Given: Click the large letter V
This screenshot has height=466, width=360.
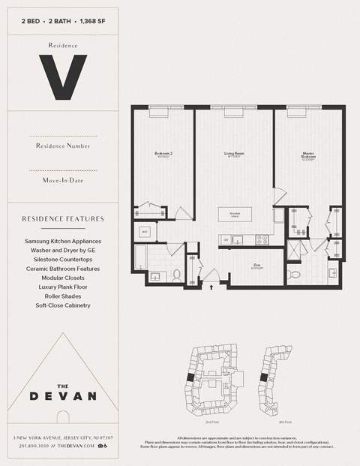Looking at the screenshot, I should [x=63, y=77].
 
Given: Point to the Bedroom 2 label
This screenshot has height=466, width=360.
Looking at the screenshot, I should [x=163, y=156].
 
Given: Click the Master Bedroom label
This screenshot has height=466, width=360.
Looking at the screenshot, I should [x=308, y=157].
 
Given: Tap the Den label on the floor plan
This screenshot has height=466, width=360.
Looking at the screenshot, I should [x=256, y=266].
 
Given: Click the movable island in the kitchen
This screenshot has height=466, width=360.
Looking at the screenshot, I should [x=234, y=215].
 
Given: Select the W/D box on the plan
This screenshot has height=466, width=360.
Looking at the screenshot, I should [x=143, y=233].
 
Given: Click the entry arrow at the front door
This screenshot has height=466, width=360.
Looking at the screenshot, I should [x=211, y=286].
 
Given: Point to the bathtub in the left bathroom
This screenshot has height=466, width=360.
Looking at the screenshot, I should [x=140, y=262].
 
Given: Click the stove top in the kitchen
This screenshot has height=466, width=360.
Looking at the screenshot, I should [x=262, y=240].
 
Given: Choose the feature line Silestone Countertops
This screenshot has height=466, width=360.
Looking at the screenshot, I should [x=63, y=259].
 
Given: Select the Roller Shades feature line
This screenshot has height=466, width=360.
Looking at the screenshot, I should [x=63, y=296].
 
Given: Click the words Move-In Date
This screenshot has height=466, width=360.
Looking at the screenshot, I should [x=63, y=180].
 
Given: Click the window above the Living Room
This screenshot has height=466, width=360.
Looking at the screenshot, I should [x=234, y=112].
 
